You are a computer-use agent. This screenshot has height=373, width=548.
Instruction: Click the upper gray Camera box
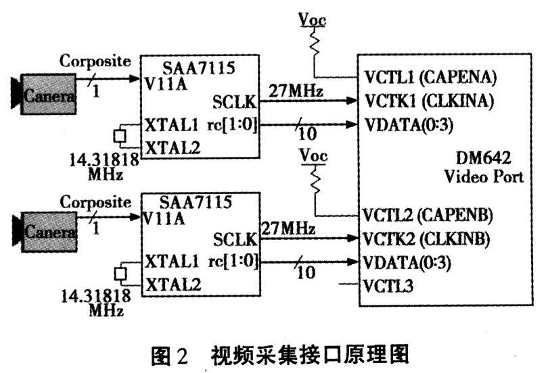49,94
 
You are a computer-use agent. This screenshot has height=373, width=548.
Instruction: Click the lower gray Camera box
49,232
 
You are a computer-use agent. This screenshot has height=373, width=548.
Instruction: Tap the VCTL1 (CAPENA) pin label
430,78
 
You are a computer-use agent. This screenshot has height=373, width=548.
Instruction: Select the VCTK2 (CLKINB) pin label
426,239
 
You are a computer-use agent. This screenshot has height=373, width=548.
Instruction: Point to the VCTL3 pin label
388,286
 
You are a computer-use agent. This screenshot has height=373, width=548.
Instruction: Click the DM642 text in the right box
484,157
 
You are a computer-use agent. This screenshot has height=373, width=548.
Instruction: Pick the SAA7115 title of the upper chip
199,68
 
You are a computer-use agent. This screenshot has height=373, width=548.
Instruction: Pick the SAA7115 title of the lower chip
196,202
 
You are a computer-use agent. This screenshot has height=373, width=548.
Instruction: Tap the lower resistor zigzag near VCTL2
315,179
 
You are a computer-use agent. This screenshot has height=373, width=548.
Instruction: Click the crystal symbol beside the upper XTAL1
120,136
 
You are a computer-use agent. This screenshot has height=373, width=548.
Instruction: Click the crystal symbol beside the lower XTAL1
120,274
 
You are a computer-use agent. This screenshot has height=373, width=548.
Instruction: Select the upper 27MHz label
296,91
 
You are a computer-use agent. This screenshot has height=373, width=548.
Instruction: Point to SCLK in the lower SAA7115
235,239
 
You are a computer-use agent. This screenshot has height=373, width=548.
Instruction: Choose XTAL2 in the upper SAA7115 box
173,148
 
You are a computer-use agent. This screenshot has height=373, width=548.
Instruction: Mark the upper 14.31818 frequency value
104,159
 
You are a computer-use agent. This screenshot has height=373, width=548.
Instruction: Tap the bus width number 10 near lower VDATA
306,272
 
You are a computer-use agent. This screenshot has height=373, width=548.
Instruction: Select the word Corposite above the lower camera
95,201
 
